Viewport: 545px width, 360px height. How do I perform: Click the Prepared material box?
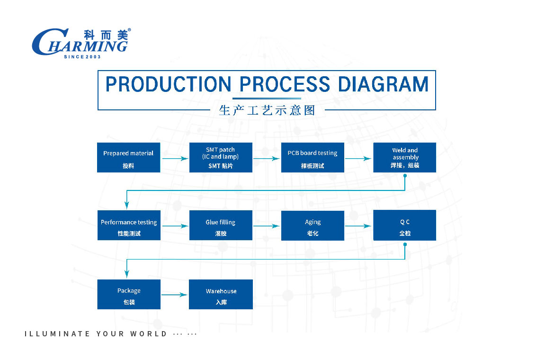point(129,158)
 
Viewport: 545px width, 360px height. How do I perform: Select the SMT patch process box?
point(221,158)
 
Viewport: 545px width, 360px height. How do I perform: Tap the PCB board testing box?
point(313,158)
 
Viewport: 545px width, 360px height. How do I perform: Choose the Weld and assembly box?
point(404,158)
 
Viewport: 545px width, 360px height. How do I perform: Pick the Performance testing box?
point(129,225)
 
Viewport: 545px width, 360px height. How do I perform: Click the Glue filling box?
point(221,225)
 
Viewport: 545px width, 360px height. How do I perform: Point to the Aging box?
point(313,226)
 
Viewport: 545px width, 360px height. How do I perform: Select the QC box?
point(404,225)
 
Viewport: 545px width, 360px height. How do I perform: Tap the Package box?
point(129,294)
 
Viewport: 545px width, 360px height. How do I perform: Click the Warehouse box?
point(221,294)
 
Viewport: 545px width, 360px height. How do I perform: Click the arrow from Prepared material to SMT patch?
point(175,159)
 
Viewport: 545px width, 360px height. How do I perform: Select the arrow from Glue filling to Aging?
point(267,226)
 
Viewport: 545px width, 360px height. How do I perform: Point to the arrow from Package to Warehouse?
point(174,295)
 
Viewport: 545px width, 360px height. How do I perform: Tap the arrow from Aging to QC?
point(358,226)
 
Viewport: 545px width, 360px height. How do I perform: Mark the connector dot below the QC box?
point(405,244)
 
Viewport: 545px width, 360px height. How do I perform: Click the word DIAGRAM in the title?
point(383,84)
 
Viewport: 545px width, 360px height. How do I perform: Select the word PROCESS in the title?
point(285,84)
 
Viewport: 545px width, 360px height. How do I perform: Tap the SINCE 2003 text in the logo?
point(82,57)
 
